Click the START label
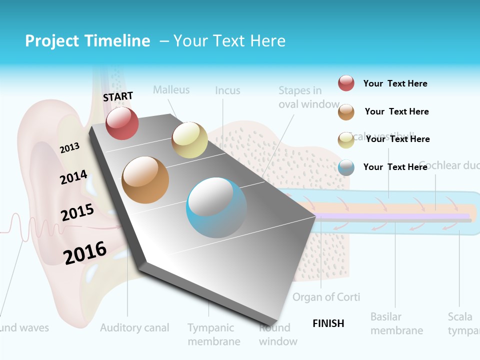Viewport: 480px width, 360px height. pos(118,96)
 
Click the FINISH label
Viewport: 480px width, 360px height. pos(328,323)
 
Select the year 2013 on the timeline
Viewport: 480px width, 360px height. pos(69,148)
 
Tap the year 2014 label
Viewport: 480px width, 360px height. pos(74,177)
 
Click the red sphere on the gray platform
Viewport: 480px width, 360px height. pos(122,123)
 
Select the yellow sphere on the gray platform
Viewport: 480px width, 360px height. pos(189,140)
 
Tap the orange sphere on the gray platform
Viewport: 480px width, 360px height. pos(145,180)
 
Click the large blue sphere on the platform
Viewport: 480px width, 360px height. pos(216,208)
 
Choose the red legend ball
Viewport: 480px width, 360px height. pos(346,83)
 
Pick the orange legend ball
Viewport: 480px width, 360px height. pos(346,112)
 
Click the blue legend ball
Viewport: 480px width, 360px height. pos(346,167)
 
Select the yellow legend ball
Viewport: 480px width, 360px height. pos(346,140)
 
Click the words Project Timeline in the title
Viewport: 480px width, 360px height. pos(87,41)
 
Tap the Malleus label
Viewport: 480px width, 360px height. pos(171,90)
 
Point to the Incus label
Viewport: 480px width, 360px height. pos(227,91)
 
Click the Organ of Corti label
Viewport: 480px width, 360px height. pos(326,297)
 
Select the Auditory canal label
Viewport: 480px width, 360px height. pos(134,328)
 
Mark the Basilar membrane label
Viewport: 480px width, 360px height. pos(396,323)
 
